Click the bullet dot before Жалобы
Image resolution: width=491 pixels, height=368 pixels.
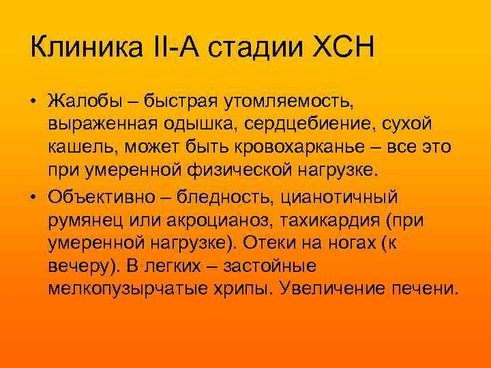coord(33,103)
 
